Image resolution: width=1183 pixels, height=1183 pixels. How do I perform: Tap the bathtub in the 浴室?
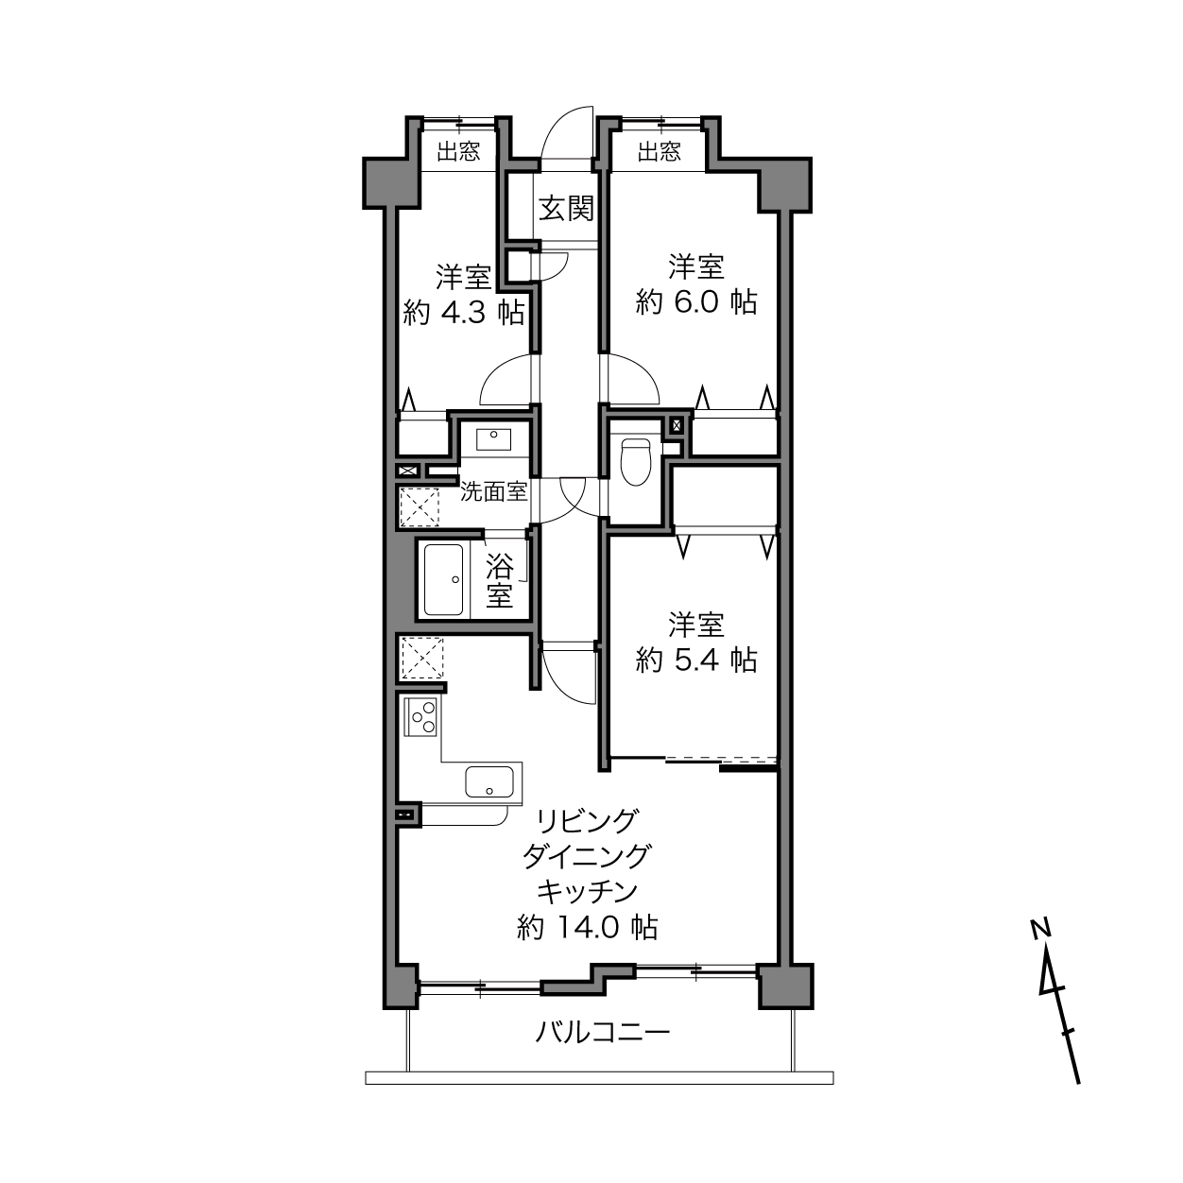click(444, 579)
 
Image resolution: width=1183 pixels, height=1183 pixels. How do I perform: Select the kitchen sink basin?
click(489, 781)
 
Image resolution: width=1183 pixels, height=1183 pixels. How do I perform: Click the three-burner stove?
click(420, 717)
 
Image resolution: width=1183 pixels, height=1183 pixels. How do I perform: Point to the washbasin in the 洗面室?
click(493, 439)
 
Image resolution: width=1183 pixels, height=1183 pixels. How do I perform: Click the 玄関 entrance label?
click(566, 209)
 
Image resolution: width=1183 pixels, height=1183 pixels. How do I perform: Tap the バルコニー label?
click(602, 1032)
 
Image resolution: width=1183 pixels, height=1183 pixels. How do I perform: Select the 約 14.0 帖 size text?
click(588, 945)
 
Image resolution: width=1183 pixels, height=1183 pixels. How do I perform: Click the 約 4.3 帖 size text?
click(464, 313)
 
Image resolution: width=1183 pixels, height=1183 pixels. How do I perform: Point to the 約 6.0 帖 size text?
click(696, 302)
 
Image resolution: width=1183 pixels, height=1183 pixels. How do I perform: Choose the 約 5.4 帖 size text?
click(696, 660)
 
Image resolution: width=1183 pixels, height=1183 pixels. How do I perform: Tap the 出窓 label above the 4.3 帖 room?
click(458, 151)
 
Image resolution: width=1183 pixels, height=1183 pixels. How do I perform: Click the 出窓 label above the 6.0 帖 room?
click(659, 151)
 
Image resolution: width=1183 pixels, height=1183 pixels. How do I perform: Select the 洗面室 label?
click(493, 491)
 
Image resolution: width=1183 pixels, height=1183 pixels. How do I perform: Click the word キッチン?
click(588, 892)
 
